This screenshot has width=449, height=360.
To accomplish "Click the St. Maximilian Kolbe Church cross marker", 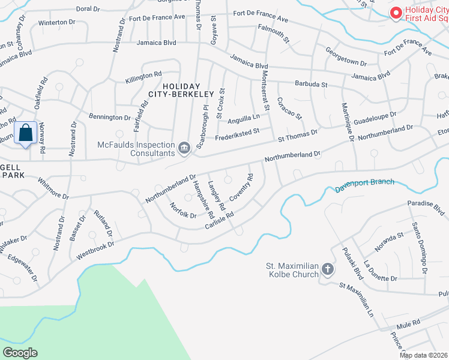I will click(328, 269).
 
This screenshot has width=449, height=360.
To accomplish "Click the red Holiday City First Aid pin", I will click(396, 13).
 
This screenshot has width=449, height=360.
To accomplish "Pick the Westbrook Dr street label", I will click(95, 249).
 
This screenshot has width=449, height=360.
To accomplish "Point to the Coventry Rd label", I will click(241, 188).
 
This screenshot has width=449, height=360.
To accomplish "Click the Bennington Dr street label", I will click(109, 118).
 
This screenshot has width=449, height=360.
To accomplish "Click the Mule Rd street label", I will click(408, 322).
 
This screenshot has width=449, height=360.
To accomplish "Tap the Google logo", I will click(20, 353).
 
